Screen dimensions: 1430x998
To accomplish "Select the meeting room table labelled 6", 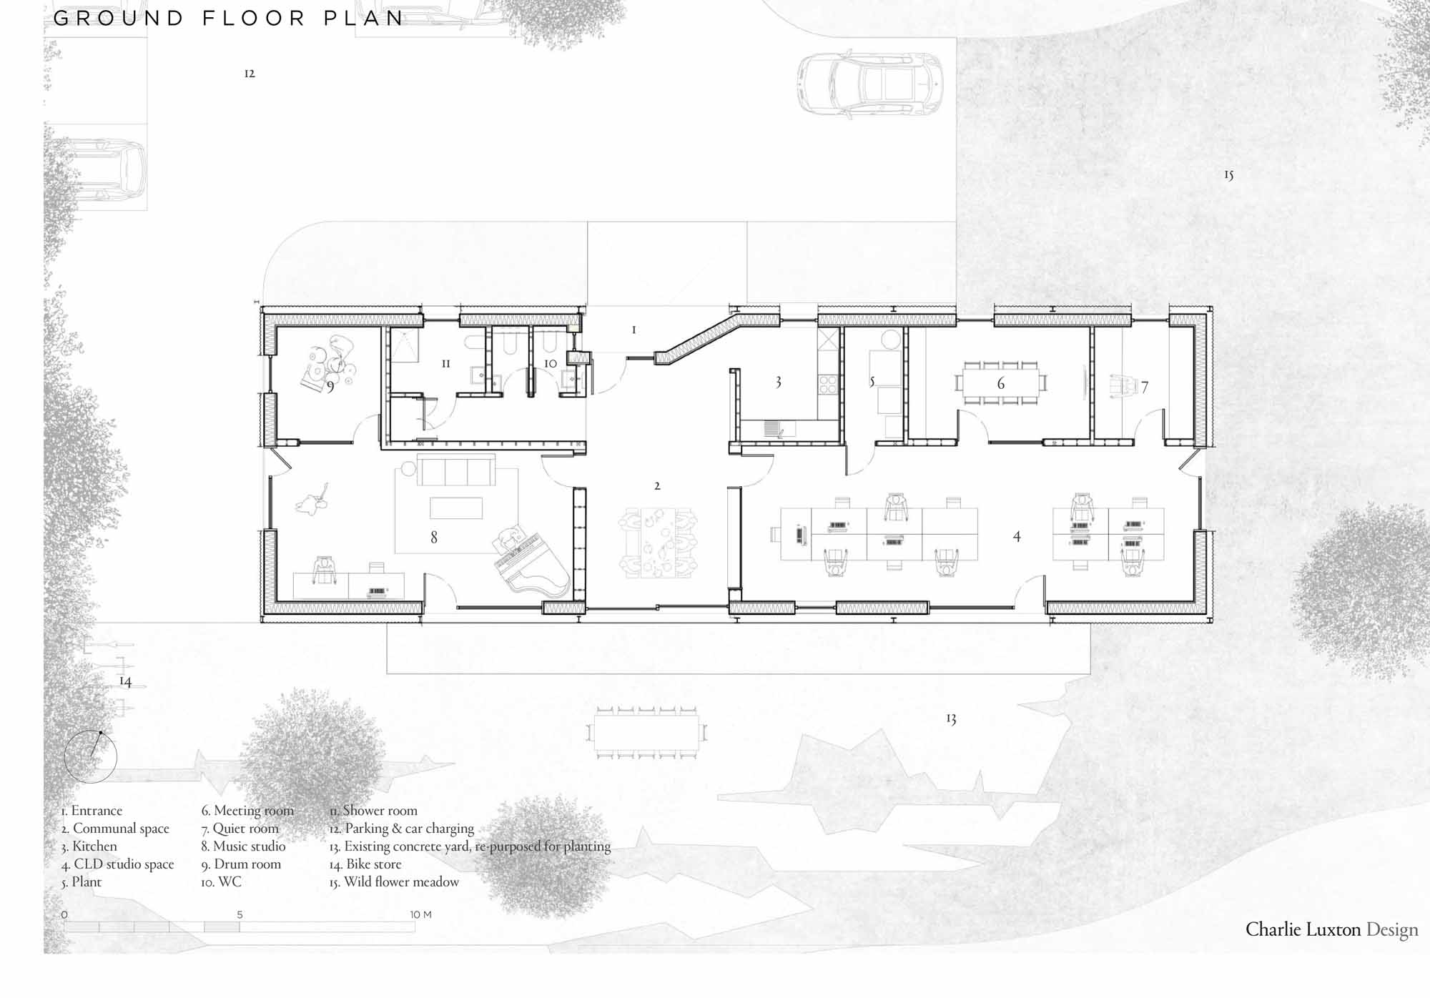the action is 1001,383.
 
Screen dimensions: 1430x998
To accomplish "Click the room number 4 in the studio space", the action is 1017,536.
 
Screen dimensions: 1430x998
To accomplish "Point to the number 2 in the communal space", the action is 657,486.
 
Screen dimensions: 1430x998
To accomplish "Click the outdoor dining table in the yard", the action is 646,732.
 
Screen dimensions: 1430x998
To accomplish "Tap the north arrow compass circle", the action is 90,756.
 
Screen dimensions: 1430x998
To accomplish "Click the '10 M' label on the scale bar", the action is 420,914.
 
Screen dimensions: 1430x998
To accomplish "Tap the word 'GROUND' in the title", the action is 119,18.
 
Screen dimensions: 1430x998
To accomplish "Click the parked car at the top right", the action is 870,84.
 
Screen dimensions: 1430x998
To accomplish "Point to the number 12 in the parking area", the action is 250,73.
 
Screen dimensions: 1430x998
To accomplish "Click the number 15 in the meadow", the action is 1228,174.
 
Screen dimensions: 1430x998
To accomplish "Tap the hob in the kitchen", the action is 828,385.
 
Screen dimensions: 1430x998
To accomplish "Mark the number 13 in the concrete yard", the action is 951,718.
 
